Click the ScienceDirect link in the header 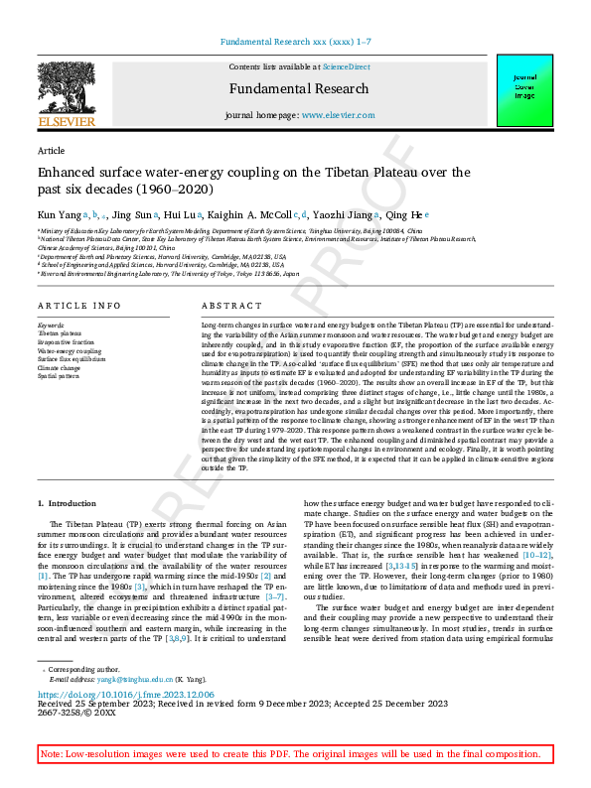click(x=346, y=66)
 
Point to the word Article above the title click(x=51, y=151)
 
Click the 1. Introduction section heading click(x=67, y=505)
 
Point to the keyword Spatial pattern click(x=61, y=377)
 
